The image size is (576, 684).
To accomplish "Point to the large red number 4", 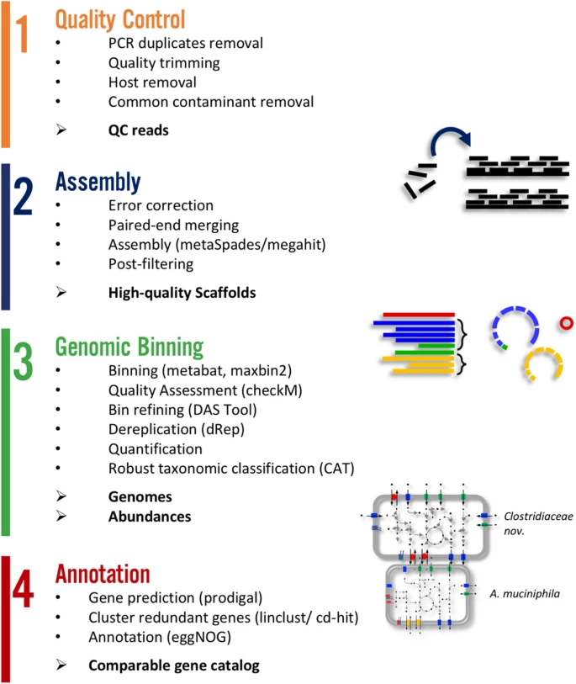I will [x=24, y=590].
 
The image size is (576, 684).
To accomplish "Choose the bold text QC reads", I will [x=139, y=130].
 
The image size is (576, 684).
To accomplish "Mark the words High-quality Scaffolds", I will [x=182, y=293].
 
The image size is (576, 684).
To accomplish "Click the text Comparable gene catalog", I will [x=174, y=665].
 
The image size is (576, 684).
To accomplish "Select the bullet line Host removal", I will [x=152, y=82].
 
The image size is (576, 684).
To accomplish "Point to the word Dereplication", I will [x=148, y=431].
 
